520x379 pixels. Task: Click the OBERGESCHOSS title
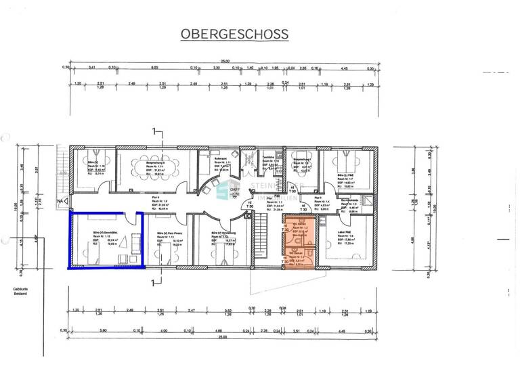coord(233,34)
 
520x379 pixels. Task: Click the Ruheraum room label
coord(205,154)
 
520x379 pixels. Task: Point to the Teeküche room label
coord(269,158)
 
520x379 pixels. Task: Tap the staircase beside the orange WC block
coord(264,237)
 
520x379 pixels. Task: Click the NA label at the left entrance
coord(60,201)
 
